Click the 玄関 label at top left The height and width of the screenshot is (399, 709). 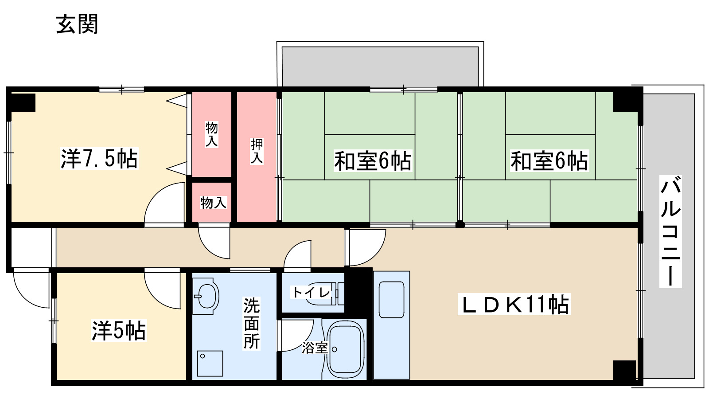77,24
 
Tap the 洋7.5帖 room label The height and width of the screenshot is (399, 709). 99,159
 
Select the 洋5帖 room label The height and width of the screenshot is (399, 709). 119,331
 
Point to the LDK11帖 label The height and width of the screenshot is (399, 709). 514,304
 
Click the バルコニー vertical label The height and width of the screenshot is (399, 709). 670,231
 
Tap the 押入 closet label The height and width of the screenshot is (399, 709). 257,151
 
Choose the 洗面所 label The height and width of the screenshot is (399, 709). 252,323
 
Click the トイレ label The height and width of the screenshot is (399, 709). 312,292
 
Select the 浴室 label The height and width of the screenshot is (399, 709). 314,348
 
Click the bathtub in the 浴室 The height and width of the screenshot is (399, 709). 345,350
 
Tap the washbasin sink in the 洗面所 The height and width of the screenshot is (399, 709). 206,297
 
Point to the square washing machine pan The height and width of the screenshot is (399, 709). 210,363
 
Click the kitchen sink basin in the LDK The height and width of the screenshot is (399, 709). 392,300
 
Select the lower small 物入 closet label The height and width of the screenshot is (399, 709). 213,202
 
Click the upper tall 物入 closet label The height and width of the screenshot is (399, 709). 212,134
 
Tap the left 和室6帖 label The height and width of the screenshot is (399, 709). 373,161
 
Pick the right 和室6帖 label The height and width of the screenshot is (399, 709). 549,161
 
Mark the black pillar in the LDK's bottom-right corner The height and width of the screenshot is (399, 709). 624,370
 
